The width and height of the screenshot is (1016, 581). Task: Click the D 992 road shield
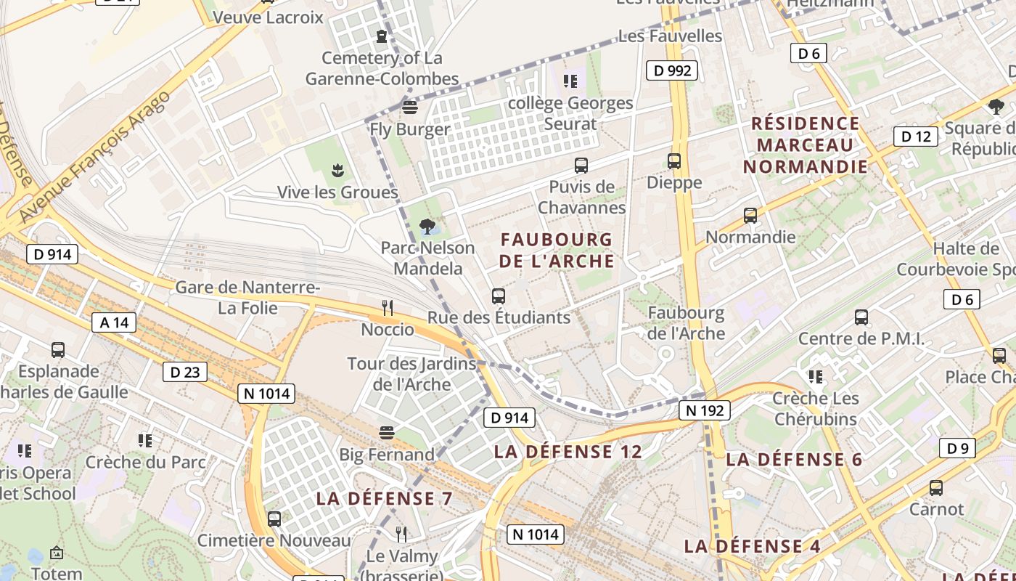(x=672, y=70)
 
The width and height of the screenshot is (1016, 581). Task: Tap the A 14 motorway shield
(x=114, y=322)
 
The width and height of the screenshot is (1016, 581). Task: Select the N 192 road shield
(x=704, y=410)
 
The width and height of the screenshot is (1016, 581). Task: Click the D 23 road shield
(x=184, y=373)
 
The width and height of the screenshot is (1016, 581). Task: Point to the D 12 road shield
(x=915, y=137)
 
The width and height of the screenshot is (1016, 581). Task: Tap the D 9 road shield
(x=957, y=448)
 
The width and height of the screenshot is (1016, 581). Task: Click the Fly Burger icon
(x=410, y=108)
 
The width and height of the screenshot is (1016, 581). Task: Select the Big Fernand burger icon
(x=387, y=433)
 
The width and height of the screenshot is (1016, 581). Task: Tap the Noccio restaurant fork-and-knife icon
(x=388, y=308)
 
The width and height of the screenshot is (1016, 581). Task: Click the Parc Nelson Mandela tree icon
(x=427, y=227)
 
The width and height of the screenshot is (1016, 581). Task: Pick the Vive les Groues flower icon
(x=337, y=171)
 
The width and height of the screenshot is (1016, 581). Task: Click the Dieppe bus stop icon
(x=674, y=161)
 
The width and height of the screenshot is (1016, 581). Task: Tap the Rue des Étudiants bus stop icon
(x=498, y=296)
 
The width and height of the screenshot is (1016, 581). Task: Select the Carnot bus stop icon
(x=936, y=488)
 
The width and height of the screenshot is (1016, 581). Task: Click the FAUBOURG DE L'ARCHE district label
(x=557, y=250)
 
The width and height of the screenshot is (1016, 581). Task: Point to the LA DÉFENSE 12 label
(x=568, y=452)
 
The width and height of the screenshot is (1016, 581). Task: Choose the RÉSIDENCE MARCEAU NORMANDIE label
(x=806, y=145)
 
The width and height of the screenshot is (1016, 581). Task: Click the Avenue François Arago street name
(x=94, y=156)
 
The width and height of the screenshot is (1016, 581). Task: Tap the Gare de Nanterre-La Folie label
(x=247, y=298)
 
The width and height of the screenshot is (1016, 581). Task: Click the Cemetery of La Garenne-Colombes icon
(x=382, y=36)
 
